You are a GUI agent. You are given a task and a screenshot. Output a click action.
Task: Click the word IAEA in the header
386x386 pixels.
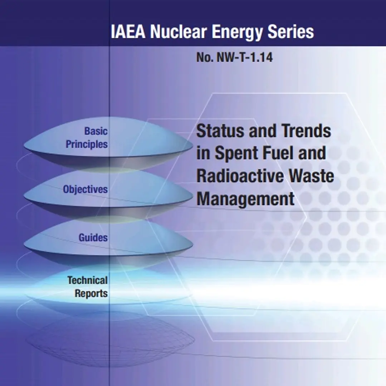pyautogui.click(x=128, y=31)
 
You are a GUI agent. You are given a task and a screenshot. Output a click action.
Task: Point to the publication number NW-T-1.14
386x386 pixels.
pyautogui.click(x=244, y=58)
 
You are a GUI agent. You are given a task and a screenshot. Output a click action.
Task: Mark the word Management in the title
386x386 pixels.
pyautogui.click(x=245, y=199)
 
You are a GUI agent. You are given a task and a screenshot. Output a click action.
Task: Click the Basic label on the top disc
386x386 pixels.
pyautogui.click(x=96, y=131)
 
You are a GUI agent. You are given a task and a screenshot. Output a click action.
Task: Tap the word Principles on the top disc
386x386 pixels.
pyautogui.click(x=87, y=144)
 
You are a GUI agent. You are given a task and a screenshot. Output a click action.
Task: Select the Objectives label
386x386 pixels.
pyautogui.click(x=85, y=189)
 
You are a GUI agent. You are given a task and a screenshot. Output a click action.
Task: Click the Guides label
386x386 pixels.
pyautogui.click(x=93, y=238)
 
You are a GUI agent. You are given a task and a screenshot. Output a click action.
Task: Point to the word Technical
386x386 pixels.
pyautogui.click(x=88, y=280)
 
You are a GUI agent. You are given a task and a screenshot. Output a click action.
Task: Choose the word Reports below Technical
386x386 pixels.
pyautogui.click(x=91, y=293)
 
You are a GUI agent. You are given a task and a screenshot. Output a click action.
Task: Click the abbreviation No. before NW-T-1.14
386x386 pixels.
pyautogui.click(x=205, y=58)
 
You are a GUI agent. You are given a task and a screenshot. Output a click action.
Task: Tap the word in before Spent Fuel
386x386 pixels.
pyautogui.click(x=203, y=153)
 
